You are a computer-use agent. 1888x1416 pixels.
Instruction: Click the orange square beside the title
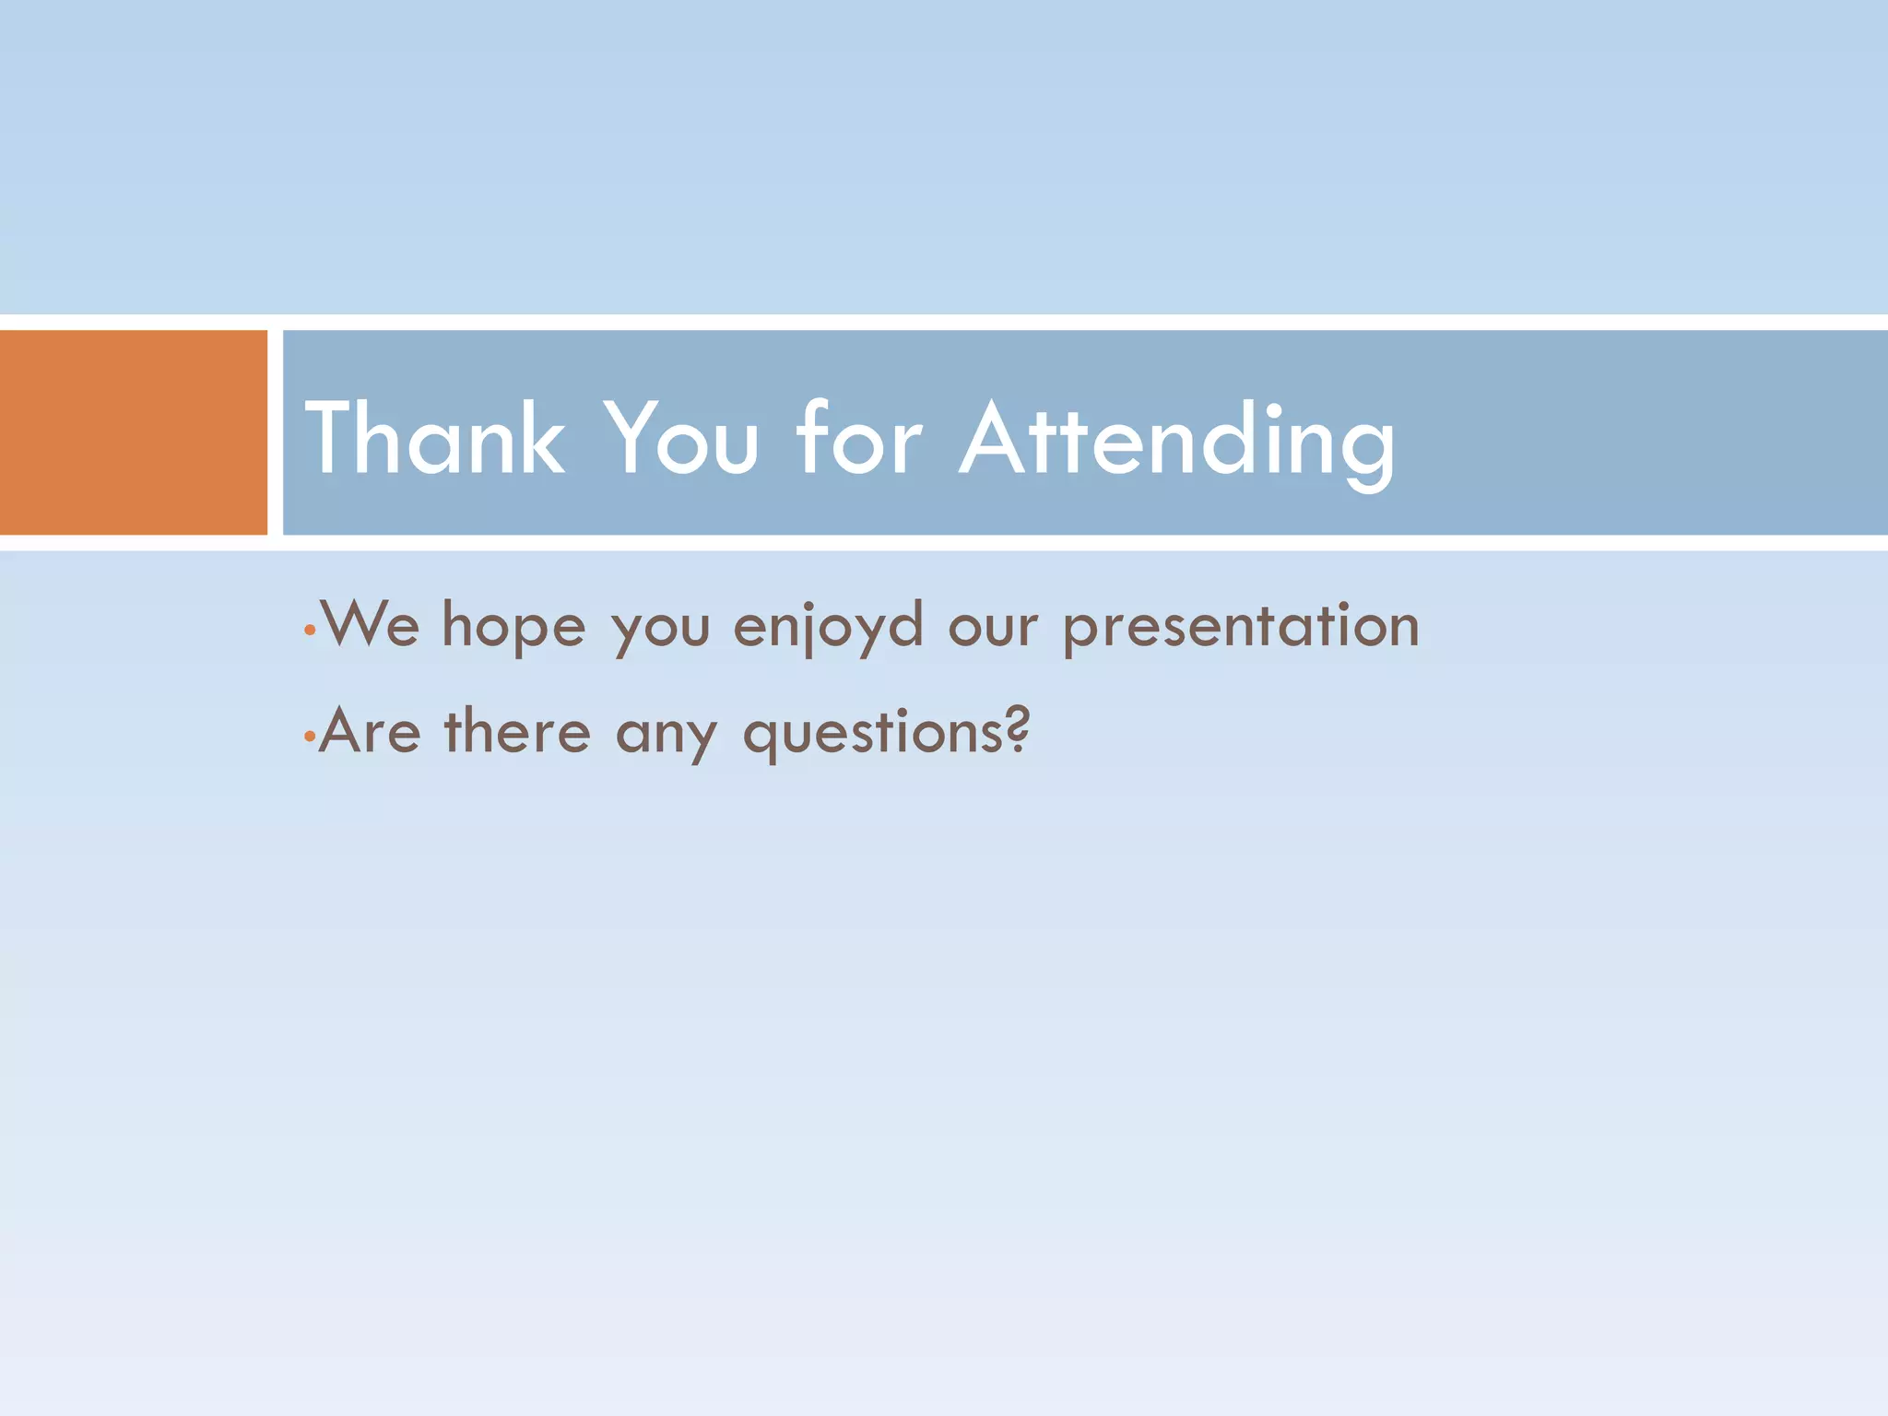coord(133,431)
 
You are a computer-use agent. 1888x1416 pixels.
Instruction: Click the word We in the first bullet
coord(370,624)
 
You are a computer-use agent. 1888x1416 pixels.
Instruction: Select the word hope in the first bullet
coord(513,627)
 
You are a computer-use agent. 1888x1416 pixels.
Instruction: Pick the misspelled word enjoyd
coord(828,627)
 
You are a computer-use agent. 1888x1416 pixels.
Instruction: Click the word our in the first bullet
coord(993,627)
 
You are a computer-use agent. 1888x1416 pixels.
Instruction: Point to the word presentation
coord(1241,627)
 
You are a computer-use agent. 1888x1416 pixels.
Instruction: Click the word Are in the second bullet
coord(370,732)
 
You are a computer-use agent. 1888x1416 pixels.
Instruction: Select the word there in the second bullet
coord(517,732)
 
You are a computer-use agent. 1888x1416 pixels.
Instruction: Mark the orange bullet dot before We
coord(311,631)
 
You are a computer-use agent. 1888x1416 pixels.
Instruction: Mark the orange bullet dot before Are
coord(310,737)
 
